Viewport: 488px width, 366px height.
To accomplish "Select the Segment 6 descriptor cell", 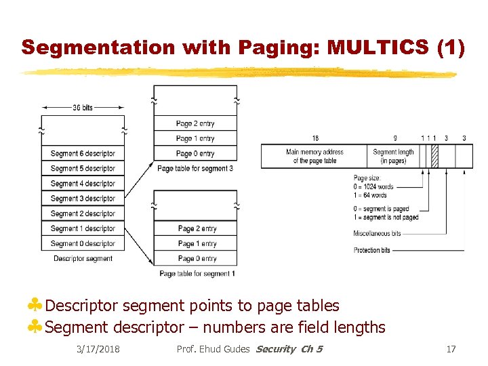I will click(83, 154).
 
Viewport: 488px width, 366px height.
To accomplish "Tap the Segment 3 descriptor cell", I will click(83, 199).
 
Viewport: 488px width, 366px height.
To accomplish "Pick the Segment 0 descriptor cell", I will click(83, 243).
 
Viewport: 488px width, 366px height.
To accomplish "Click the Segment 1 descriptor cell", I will click(83, 228).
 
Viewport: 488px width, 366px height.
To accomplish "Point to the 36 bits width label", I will click(83, 108).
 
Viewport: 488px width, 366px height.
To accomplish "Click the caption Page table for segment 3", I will click(195, 168).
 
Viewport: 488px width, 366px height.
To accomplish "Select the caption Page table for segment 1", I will click(197, 273).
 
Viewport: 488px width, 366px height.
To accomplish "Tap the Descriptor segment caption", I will click(83, 258).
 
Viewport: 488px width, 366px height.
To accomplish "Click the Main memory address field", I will click(314, 157).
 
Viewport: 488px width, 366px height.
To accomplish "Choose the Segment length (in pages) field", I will click(393, 157).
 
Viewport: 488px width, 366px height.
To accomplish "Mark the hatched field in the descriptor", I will click(434, 157).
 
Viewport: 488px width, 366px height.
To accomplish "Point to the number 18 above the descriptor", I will click(315, 138).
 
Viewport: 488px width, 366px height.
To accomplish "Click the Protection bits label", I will click(372, 250).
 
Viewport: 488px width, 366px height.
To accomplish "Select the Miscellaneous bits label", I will click(377, 234).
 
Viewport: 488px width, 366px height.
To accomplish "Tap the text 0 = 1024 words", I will click(373, 186).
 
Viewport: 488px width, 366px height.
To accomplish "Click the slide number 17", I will click(451, 349).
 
